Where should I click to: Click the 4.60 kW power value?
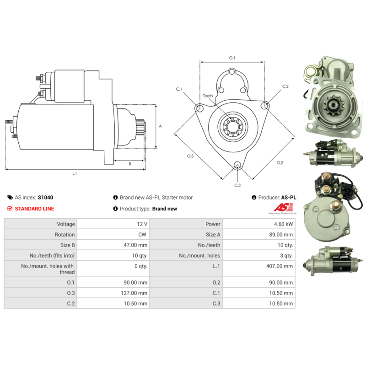click(283, 224)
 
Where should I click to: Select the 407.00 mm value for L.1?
click(280, 266)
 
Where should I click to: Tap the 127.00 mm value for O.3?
click(134, 293)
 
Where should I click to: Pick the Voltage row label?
click(66, 224)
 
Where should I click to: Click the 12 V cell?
click(142, 224)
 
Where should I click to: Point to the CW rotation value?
click(142, 235)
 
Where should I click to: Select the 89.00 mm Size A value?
click(281, 235)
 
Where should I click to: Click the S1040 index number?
click(45, 198)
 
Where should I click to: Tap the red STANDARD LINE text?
click(35, 209)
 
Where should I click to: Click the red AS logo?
click(283, 207)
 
